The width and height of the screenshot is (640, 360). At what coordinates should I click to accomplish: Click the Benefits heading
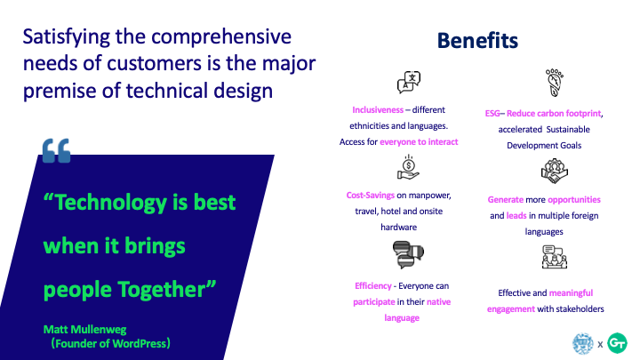(477, 40)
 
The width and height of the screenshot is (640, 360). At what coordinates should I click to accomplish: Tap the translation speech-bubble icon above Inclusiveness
(409, 82)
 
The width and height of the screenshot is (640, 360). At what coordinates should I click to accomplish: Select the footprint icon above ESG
(554, 83)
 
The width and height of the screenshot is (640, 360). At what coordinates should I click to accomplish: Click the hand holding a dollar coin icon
(408, 167)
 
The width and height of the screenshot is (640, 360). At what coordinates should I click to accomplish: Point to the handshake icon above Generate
(555, 172)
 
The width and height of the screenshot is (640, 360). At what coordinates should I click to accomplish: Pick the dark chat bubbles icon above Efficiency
(408, 255)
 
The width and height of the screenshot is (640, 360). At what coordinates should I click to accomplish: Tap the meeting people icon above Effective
(555, 257)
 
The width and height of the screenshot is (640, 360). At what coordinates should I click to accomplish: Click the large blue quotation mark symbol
(56, 150)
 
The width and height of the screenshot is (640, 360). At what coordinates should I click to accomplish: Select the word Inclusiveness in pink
(378, 110)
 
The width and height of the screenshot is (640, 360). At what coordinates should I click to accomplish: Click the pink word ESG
(492, 114)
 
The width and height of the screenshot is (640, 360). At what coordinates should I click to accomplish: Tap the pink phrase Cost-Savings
(370, 195)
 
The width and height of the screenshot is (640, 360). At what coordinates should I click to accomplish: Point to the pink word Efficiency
(373, 285)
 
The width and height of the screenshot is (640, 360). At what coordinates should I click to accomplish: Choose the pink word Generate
(505, 200)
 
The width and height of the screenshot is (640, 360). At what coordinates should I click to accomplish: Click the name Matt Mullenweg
(85, 330)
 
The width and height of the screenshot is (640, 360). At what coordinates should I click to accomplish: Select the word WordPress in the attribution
(139, 344)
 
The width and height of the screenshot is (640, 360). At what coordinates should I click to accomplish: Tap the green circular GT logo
(617, 343)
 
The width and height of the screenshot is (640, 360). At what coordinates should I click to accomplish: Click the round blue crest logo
(583, 343)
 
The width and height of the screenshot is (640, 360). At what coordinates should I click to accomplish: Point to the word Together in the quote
(167, 290)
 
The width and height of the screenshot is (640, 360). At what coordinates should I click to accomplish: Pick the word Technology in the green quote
(108, 203)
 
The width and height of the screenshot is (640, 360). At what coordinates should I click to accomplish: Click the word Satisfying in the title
(67, 37)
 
